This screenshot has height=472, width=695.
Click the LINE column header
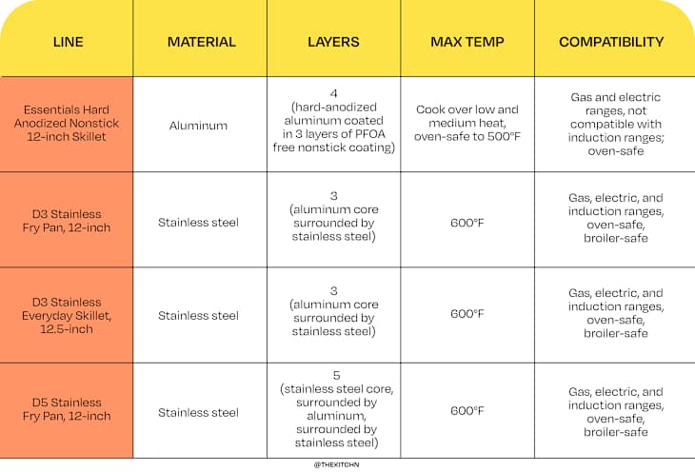67,43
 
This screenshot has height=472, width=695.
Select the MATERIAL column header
200,43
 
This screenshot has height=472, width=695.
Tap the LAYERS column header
333,43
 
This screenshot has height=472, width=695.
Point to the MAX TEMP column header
467,43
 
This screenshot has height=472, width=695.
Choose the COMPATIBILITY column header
611,43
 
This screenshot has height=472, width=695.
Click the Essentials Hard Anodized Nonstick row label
67,125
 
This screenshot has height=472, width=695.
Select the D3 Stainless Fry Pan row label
67,221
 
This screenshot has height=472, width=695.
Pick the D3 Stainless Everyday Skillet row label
67,315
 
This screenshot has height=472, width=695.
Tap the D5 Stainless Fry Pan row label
67,410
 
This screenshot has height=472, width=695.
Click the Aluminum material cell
200,125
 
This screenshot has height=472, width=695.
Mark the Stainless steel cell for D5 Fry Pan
200,412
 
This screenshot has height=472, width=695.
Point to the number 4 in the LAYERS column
333,92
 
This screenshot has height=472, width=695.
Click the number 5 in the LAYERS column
333,376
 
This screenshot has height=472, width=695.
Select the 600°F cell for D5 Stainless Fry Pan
467,412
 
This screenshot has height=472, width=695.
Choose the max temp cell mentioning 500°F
467,125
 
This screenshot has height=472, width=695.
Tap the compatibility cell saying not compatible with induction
614,125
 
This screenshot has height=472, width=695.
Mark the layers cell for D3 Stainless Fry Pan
333,222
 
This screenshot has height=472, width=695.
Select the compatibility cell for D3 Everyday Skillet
614,314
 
